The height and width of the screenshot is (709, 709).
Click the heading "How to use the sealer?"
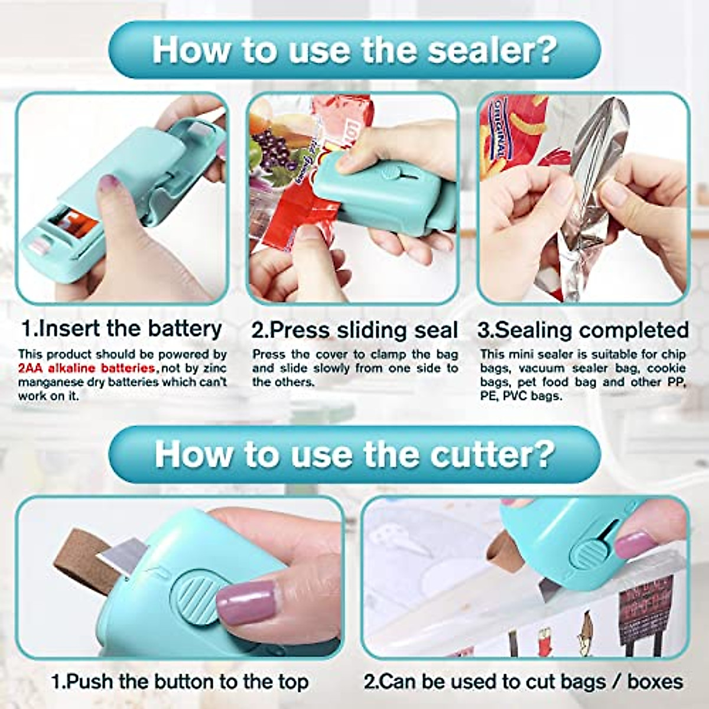354,50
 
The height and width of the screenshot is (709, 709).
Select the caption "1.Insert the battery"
122,329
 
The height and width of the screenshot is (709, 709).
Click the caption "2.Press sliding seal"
354,330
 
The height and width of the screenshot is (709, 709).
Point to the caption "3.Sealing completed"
583,330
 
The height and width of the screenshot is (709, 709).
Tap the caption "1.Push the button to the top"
180,681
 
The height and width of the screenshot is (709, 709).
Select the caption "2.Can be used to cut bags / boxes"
523,681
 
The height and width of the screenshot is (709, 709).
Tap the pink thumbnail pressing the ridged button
245,603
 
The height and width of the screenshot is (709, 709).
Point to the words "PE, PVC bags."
521,396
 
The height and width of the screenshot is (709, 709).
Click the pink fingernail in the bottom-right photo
633,544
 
